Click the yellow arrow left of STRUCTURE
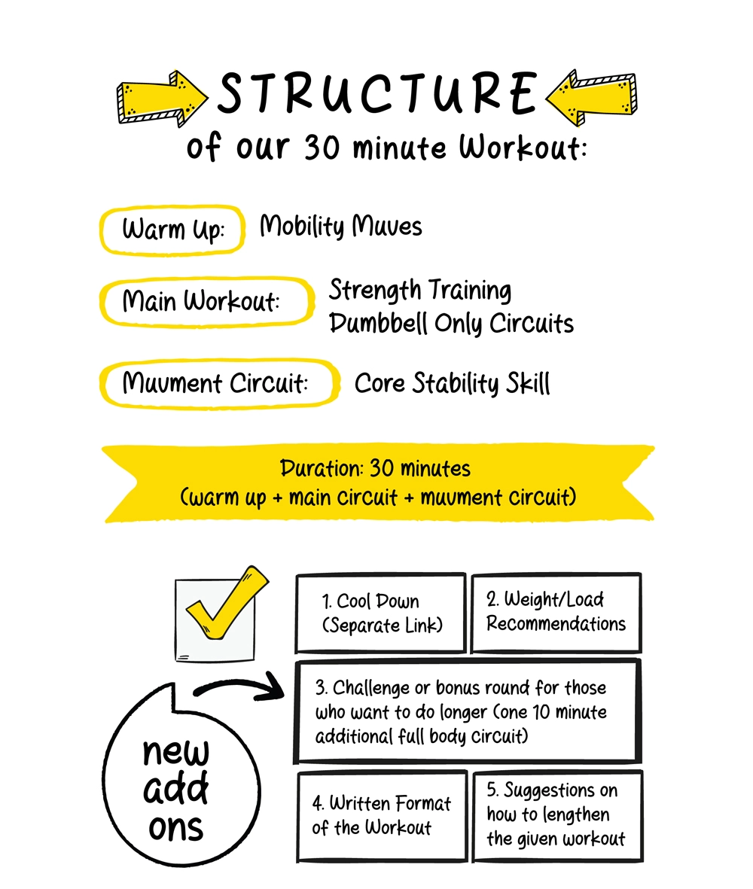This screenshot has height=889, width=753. tap(162, 98)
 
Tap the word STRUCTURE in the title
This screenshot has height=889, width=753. tap(376, 94)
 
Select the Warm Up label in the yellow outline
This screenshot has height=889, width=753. tap(172, 230)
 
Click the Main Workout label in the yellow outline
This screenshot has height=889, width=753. tap(202, 302)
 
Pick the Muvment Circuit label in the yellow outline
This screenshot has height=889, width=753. tap(215, 384)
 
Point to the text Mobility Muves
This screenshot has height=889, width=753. tap(340, 227)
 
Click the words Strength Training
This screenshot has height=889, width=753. tap(420, 290)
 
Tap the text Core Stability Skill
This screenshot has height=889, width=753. tap(452, 384)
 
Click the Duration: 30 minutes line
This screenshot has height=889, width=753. tap(375, 469)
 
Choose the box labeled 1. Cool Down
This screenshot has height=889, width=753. tap(380, 613)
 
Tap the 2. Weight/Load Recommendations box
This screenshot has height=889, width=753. tap(556, 612)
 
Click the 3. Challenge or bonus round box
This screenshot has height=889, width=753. tap(468, 711)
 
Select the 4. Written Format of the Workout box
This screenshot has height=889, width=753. tap(381, 816)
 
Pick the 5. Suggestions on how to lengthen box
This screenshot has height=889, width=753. tap(556, 815)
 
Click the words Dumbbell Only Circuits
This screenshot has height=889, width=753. tap(452, 324)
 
